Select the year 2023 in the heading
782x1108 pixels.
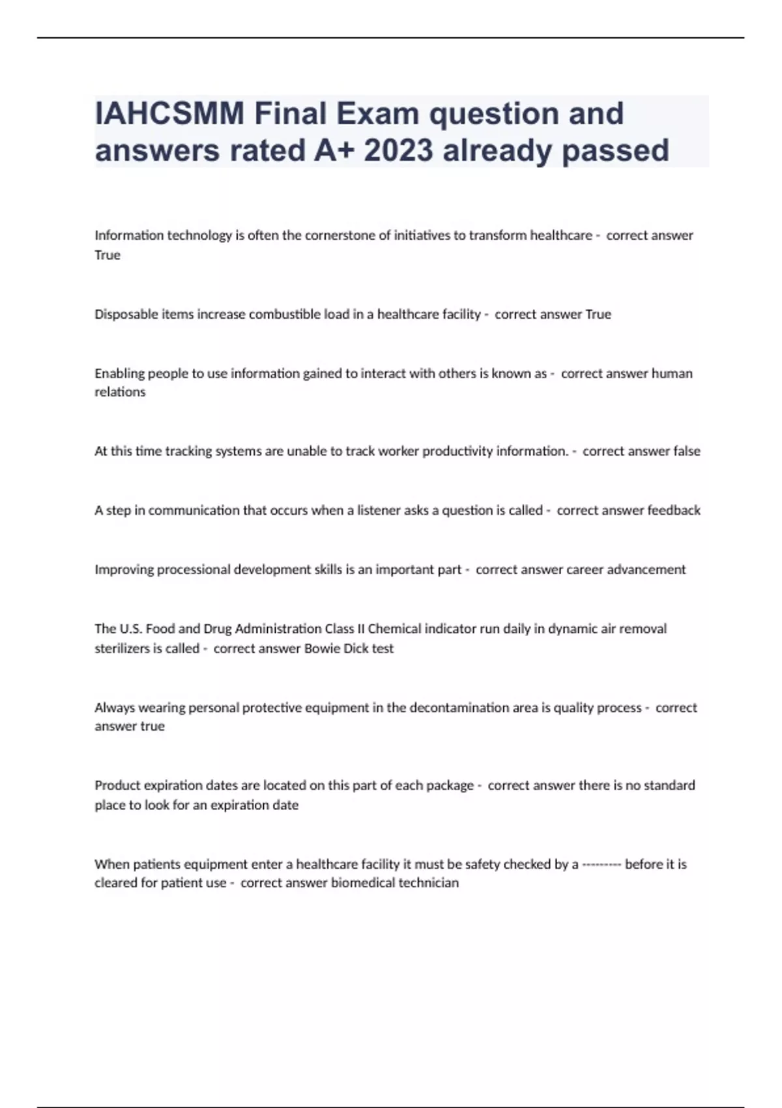(398, 151)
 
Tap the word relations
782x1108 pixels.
(120, 392)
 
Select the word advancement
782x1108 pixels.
(646, 570)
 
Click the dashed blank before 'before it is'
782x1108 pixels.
(601, 865)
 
